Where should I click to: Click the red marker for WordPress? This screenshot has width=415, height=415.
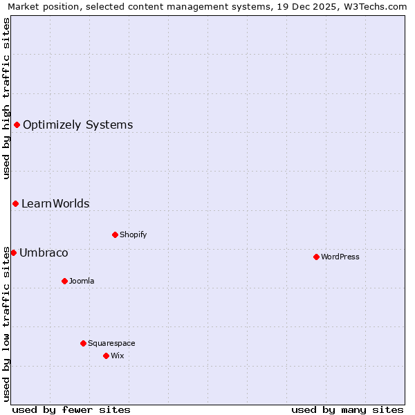(316, 257)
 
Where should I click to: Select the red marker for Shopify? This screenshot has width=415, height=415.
(115, 234)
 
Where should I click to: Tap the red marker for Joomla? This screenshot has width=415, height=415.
(64, 281)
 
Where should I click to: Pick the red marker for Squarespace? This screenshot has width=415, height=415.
(83, 343)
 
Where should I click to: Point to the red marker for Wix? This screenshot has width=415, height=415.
(106, 356)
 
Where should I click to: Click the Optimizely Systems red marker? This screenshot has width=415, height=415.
(17, 124)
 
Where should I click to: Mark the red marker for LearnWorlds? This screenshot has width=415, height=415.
(15, 203)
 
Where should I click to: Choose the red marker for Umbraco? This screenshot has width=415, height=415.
(13, 252)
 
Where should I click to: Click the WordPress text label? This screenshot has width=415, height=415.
(340, 257)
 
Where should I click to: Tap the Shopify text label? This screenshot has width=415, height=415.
(133, 234)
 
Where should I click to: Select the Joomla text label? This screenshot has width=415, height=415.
(82, 281)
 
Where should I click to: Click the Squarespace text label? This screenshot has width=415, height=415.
(111, 343)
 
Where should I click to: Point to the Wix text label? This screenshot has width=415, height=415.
(118, 356)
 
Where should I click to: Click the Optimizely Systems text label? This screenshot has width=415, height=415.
(77, 124)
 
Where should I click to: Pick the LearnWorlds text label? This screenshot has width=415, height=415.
(55, 203)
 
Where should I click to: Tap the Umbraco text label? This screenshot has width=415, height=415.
(44, 252)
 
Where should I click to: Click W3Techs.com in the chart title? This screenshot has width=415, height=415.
(377, 7)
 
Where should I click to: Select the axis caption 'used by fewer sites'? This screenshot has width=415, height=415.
(71, 409)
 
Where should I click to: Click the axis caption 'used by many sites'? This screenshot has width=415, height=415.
(347, 409)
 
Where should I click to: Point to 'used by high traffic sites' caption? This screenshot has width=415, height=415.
(7, 98)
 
